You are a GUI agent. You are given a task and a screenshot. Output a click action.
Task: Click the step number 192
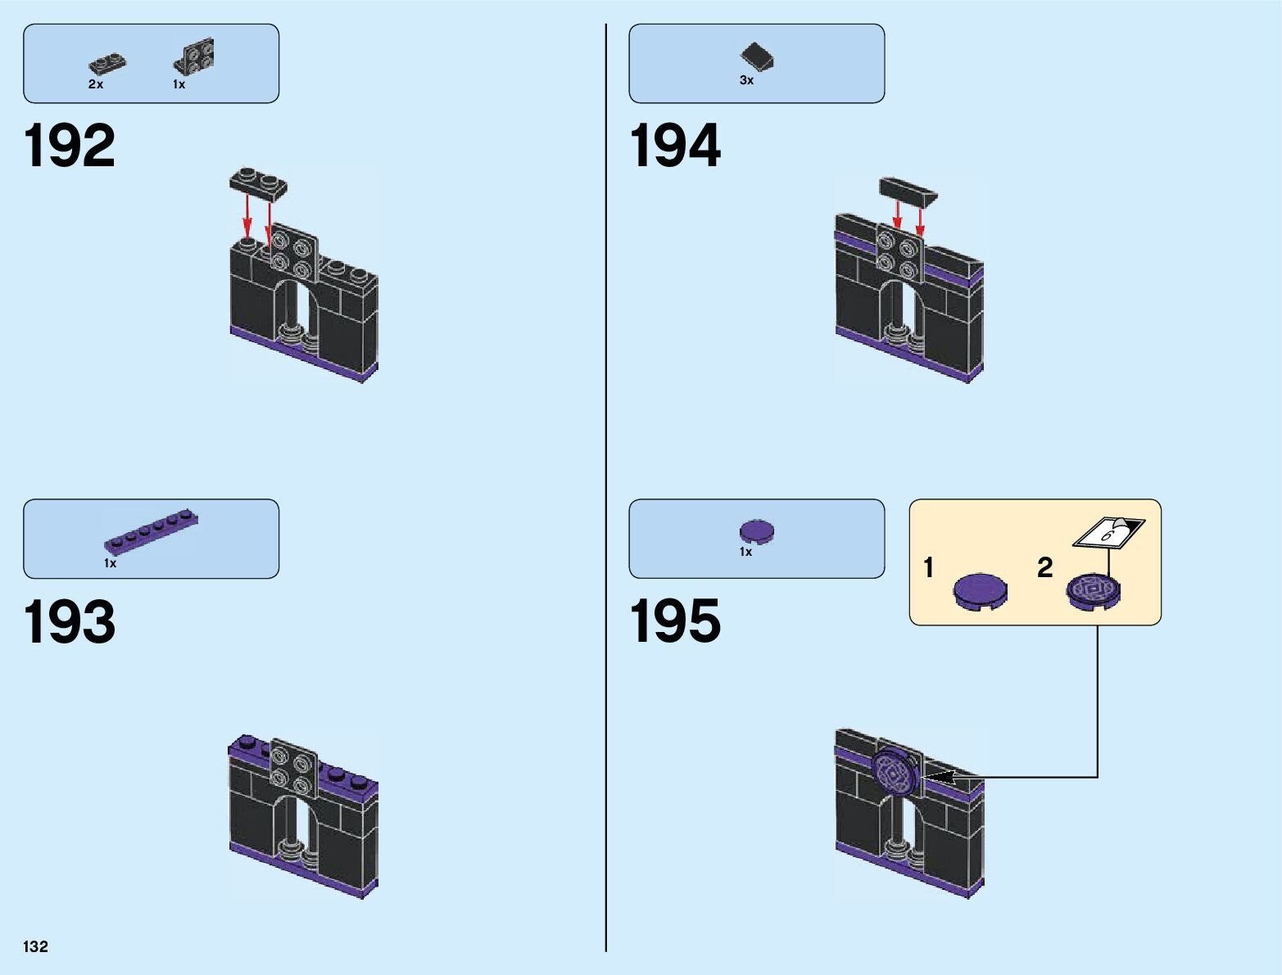(70, 146)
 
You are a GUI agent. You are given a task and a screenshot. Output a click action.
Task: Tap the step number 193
(70, 622)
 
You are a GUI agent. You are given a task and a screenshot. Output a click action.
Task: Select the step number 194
(675, 146)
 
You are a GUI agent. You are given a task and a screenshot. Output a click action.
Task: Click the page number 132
(36, 946)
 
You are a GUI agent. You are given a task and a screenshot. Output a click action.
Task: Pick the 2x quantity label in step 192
(96, 84)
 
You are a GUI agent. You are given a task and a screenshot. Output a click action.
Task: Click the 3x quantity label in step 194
(746, 80)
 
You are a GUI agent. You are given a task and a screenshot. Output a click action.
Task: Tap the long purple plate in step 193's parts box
(152, 531)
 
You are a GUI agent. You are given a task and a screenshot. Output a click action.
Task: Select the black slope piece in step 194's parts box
(758, 56)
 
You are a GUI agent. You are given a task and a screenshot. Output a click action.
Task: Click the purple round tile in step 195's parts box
(757, 531)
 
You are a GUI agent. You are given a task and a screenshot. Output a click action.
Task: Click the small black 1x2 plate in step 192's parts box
(107, 63)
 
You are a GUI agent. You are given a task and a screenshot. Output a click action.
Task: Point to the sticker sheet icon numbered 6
(1108, 533)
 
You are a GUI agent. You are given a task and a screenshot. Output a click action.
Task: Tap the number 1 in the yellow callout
(928, 567)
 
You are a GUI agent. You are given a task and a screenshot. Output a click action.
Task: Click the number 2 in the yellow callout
(1044, 567)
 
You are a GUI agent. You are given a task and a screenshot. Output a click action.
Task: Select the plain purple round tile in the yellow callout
(981, 591)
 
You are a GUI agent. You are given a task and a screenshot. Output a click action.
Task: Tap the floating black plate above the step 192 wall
(258, 184)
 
